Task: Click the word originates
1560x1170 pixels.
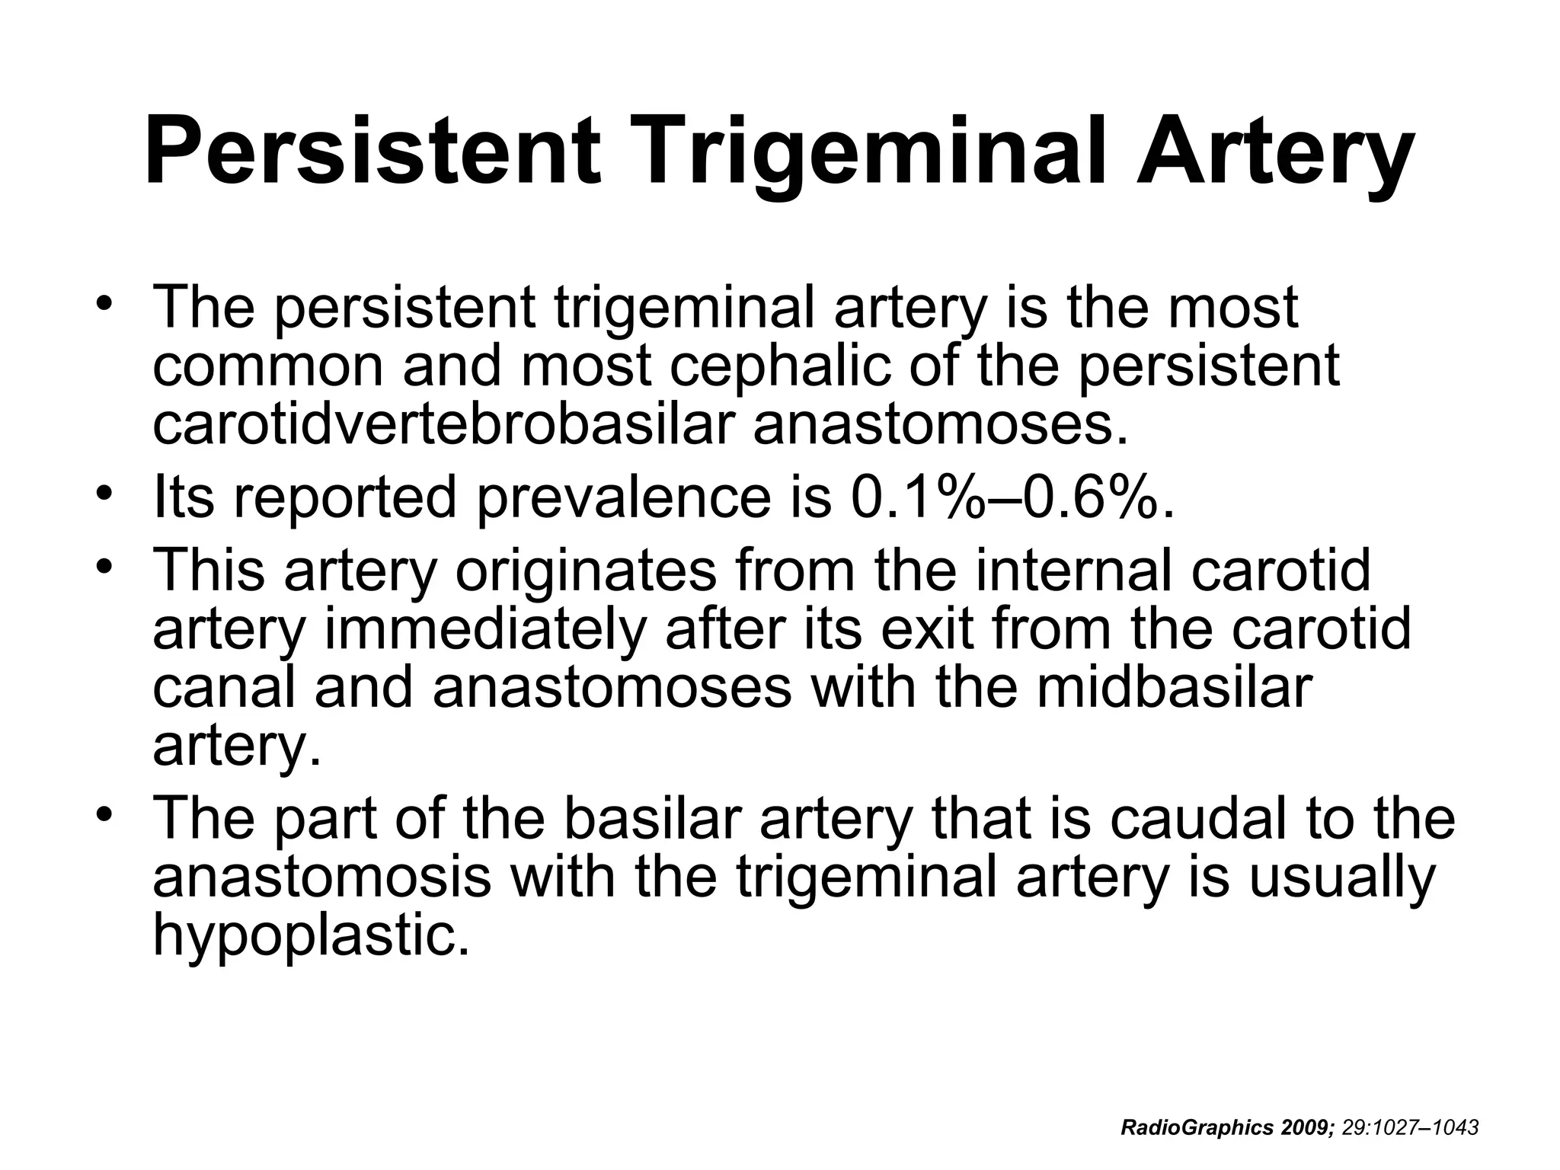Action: coord(586,571)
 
